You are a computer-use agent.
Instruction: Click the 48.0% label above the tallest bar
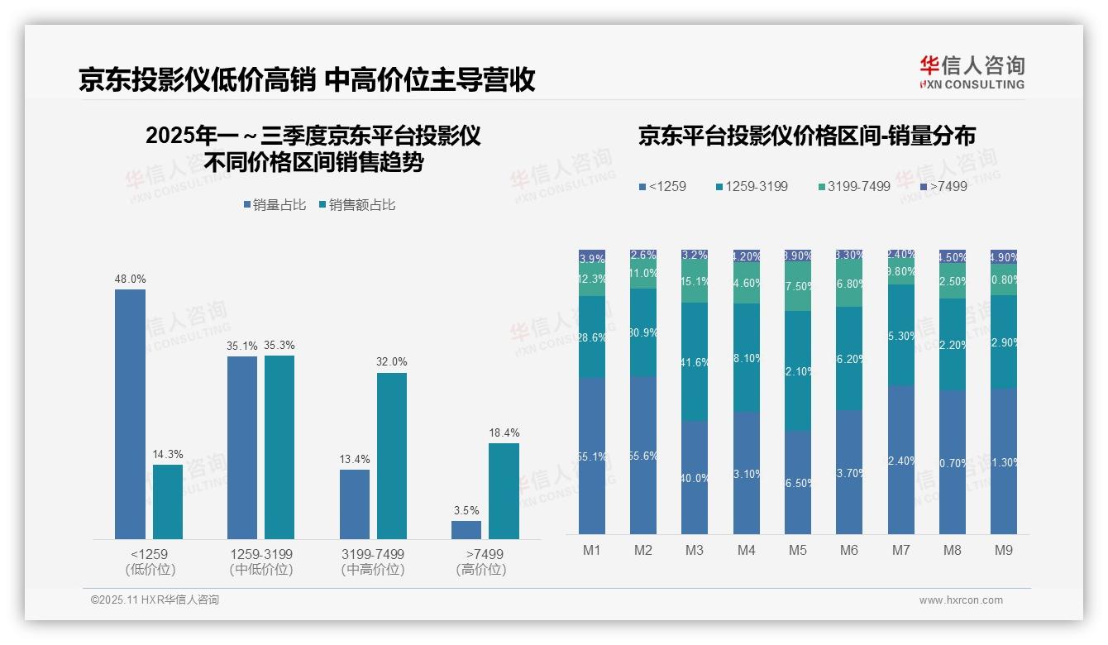click(130, 279)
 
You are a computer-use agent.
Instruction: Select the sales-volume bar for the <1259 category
click(130, 413)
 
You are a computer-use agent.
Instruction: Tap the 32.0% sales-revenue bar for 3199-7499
click(392, 456)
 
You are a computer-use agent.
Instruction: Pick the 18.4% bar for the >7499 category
click(504, 491)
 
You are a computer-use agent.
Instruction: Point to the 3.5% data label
click(466, 510)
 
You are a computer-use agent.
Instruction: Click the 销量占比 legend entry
click(275, 205)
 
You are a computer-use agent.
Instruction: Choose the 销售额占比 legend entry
click(356, 205)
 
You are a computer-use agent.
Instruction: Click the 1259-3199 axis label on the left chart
click(261, 554)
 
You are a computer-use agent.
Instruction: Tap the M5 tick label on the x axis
click(798, 550)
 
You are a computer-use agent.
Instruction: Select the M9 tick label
click(1004, 550)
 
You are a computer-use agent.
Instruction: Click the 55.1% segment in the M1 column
click(592, 456)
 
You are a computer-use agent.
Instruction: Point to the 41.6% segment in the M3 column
click(695, 362)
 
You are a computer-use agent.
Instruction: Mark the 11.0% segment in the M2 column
click(643, 274)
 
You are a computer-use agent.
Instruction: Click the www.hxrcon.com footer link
click(961, 600)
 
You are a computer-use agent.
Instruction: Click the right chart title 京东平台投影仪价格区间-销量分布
click(806, 136)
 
